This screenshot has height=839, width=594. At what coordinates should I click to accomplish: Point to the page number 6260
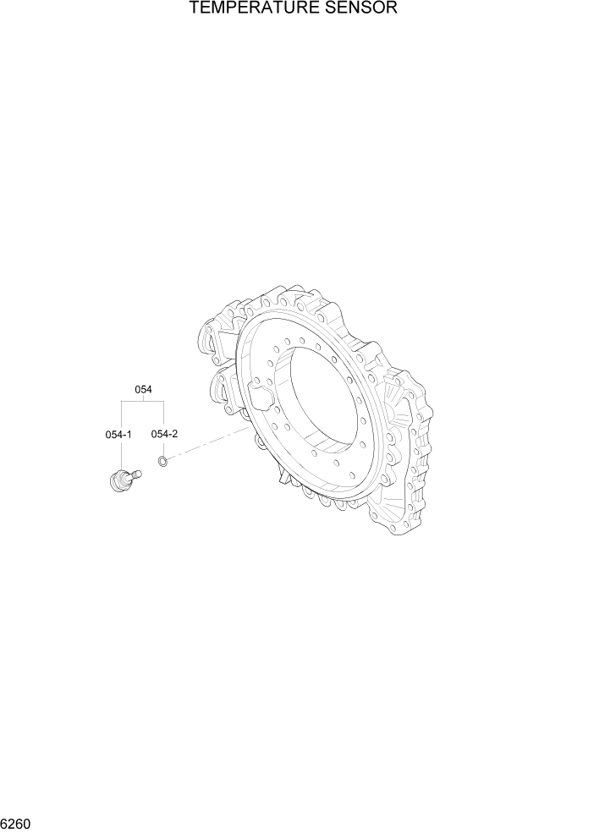[x=18, y=822]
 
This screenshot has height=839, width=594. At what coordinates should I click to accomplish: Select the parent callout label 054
[x=143, y=389]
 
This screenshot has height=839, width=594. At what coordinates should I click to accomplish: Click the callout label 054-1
[x=118, y=435]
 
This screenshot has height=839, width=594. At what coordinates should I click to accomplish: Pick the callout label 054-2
[x=164, y=434]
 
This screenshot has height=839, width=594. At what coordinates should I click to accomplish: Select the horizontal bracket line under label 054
[x=143, y=403]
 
